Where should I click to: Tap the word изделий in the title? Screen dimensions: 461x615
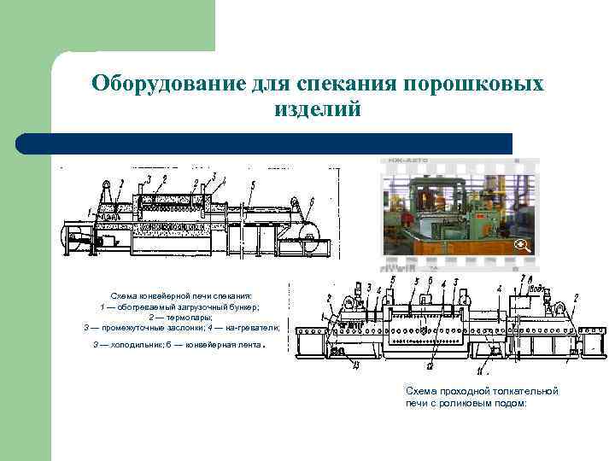click(318, 109)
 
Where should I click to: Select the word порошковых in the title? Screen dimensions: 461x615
click(473, 85)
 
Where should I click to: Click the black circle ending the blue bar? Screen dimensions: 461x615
click(24, 143)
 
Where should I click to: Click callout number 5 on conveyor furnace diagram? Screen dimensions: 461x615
click(252, 185)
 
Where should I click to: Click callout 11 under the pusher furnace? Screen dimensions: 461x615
click(480, 373)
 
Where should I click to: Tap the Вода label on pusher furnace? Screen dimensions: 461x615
click(537, 289)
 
